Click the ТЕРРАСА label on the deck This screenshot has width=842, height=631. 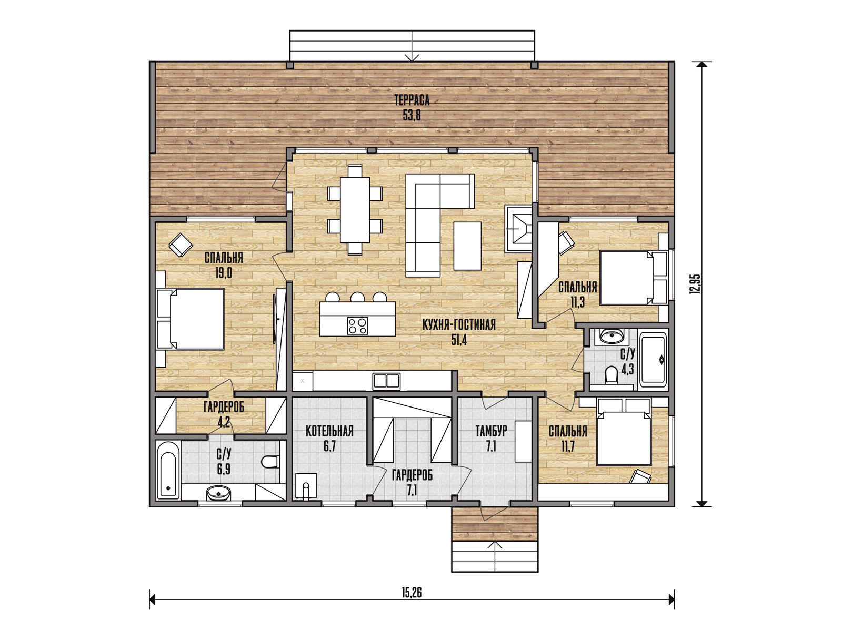[x=412, y=100]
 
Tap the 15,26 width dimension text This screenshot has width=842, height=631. [x=412, y=593]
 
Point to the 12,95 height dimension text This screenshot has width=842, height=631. [x=695, y=284]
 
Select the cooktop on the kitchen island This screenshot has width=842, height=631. [x=357, y=325]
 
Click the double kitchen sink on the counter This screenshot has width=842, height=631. [x=386, y=381]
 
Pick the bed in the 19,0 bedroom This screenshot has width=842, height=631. [x=191, y=319]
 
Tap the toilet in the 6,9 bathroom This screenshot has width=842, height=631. [x=270, y=462]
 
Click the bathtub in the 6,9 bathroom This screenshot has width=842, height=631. [x=168, y=470]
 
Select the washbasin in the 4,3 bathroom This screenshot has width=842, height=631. [x=612, y=336]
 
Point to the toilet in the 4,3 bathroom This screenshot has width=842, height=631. [x=611, y=375]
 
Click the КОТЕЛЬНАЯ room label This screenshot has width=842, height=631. [x=329, y=431]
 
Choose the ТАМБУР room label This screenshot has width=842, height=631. [x=492, y=431]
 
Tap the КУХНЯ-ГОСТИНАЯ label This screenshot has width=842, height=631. [x=459, y=325]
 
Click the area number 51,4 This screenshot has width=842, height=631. [x=459, y=340]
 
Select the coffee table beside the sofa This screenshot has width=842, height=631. [x=467, y=246]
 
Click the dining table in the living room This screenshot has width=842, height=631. [x=355, y=210]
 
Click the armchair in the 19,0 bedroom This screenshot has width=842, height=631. [x=181, y=245]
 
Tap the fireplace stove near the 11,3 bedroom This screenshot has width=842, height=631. [x=519, y=229]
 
